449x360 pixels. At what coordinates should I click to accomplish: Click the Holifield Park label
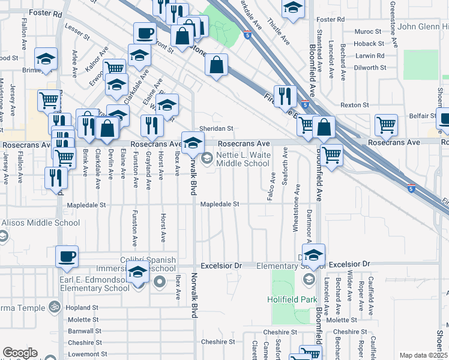291,299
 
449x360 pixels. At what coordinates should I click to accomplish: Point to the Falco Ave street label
273,187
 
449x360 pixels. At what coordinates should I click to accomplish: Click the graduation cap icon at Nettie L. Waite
193,143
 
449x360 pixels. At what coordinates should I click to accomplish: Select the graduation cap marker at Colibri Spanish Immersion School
138,272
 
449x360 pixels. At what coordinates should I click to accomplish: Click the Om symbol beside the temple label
53,308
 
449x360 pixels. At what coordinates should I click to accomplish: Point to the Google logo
20,353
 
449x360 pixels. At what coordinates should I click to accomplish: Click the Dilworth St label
369,68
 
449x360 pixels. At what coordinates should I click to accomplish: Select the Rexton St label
354,104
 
